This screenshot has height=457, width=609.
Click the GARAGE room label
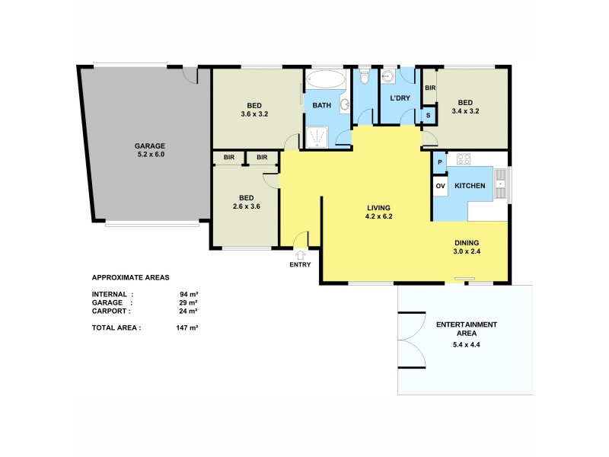(150, 145)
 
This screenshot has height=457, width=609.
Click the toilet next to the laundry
(365, 78)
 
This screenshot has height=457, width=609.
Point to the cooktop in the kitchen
(462, 160)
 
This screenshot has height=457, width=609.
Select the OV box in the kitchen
(440, 187)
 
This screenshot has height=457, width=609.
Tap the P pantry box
(440, 162)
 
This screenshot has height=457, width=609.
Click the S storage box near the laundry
(429, 116)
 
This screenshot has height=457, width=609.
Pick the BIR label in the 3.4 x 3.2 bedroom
(429, 88)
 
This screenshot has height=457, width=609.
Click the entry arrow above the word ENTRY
(300, 254)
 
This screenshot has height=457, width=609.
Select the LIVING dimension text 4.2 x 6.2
(378, 216)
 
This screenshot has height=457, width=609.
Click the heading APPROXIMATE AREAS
(130, 277)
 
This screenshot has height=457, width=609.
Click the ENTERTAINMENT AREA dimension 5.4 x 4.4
(467, 344)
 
